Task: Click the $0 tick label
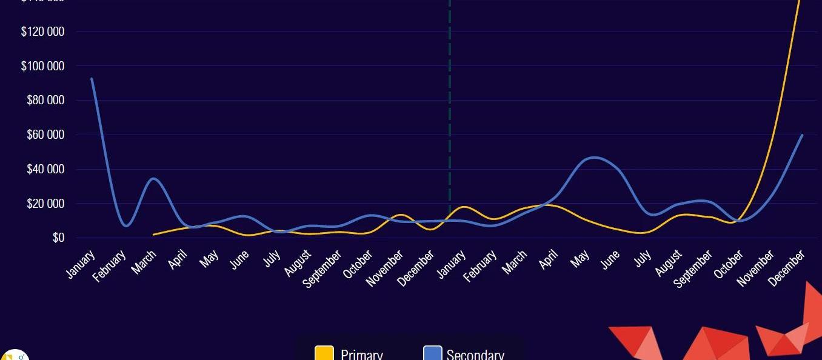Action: tap(58, 238)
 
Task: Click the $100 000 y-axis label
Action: tap(43, 66)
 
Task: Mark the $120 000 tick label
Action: tap(43, 32)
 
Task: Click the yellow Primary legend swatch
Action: tap(324, 353)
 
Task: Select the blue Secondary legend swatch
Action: tap(432, 353)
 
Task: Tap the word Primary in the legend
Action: tap(361, 355)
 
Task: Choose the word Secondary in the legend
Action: tap(475, 355)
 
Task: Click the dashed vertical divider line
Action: tap(450, 121)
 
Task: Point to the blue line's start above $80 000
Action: tap(92, 79)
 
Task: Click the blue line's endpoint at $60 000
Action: tap(802, 135)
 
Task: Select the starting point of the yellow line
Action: tap(154, 234)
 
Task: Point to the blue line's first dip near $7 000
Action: tap(125, 226)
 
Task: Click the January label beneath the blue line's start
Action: tap(81, 264)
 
